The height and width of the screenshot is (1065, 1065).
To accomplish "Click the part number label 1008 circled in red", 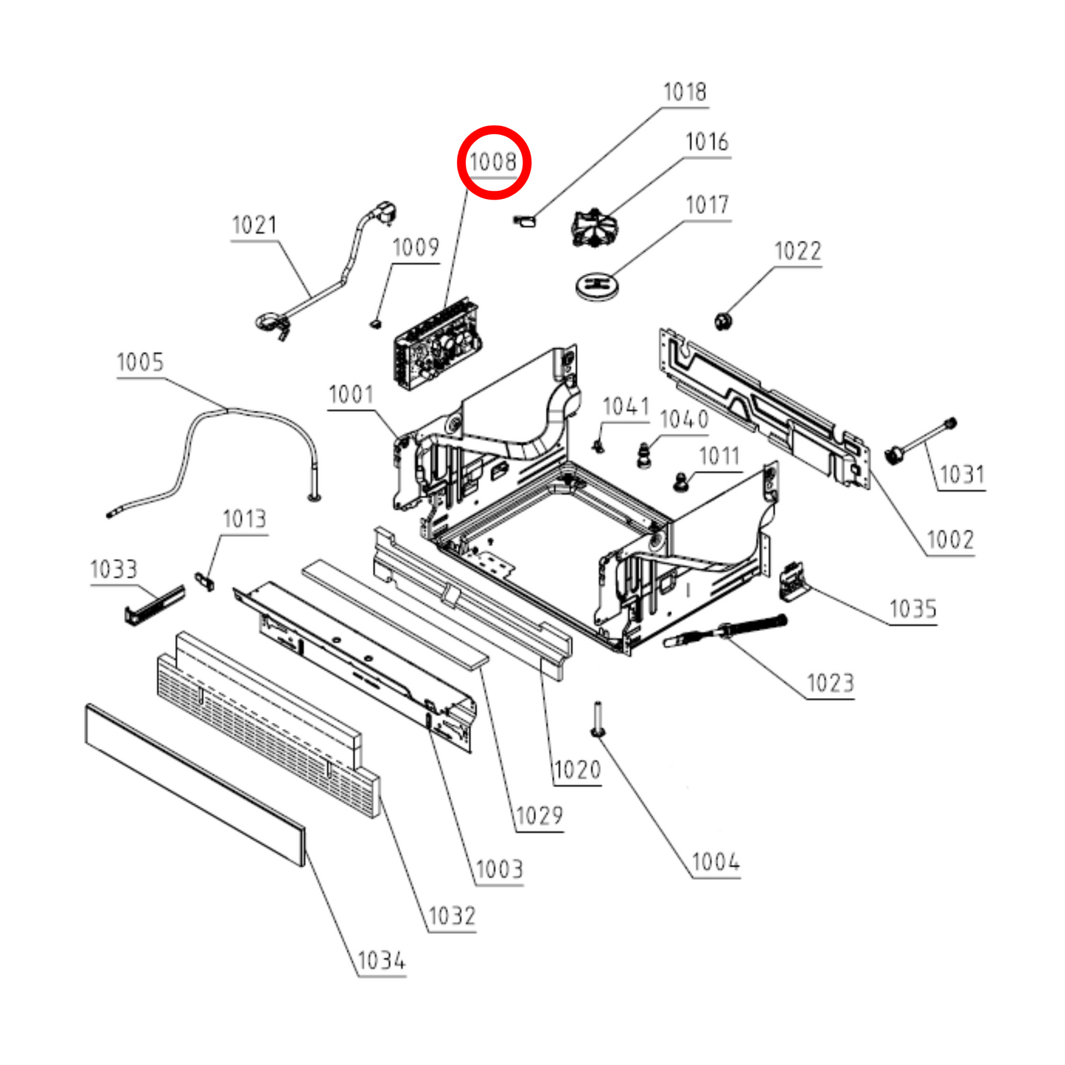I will pyautogui.click(x=493, y=162).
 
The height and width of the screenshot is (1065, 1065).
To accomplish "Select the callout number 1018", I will pyautogui.click(x=685, y=92).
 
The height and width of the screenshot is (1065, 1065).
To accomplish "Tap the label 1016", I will pyautogui.click(x=707, y=142).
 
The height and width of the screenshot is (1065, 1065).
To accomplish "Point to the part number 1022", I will pyautogui.click(x=797, y=251).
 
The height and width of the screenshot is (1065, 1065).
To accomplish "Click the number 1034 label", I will pyautogui.click(x=381, y=961).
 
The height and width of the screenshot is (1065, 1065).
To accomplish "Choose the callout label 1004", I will pyautogui.click(x=716, y=862).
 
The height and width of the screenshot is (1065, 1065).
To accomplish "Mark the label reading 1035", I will pyautogui.click(x=912, y=609).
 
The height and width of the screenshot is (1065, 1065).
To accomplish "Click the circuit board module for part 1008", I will pyautogui.click(x=437, y=344).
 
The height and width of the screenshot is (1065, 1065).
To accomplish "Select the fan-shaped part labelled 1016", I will pyautogui.click(x=594, y=227).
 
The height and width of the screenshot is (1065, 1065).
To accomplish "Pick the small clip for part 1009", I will pyautogui.click(x=377, y=322).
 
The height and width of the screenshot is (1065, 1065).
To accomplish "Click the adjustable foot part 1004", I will pyautogui.click(x=597, y=719).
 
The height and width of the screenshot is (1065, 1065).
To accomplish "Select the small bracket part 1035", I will pyautogui.click(x=793, y=580).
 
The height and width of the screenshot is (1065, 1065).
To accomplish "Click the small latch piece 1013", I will pyautogui.click(x=205, y=581).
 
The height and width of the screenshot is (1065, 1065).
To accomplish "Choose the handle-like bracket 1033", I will pyautogui.click(x=153, y=604).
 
